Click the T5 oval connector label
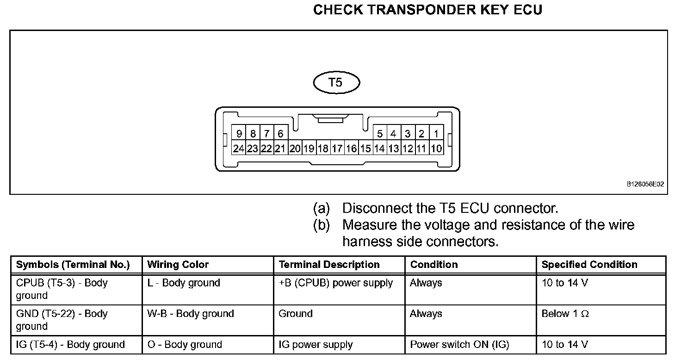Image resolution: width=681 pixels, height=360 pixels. point(336,83)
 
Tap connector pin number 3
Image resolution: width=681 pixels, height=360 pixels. point(408,134)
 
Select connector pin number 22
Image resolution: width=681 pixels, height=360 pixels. point(266,149)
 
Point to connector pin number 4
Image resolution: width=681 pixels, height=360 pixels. point(393,134)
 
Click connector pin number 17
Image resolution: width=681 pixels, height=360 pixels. point(337,149)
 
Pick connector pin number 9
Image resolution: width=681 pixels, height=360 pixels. point(239,134)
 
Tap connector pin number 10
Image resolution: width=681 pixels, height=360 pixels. point(436,149)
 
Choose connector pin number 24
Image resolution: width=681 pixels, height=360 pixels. point(238,149)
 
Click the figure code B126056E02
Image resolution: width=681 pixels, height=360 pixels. point(645,184)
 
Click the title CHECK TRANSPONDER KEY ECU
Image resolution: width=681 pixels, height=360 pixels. point(427,10)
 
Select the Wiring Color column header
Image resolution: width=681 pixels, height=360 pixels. point(178,265)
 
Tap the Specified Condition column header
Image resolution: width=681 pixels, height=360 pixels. point(589,265)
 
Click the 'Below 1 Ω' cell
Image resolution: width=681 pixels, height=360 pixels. point(565,314)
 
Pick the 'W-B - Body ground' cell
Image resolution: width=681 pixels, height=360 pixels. point(191,314)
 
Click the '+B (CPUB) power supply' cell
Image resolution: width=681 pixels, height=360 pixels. point(336,283)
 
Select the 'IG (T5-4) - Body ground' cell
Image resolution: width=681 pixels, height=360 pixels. point(70,345)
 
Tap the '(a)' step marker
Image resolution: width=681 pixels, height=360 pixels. point(322,209)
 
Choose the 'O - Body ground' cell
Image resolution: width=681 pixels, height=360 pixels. point(185,345)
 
